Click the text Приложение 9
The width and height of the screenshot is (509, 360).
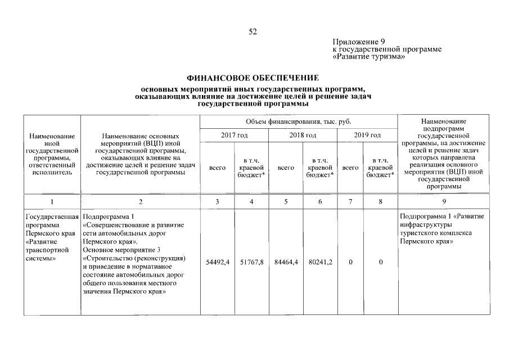[x=358, y=42]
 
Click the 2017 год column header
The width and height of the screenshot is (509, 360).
[x=233, y=135]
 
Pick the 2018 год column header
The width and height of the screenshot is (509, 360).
[x=303, y=135]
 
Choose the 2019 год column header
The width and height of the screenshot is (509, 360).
[x=367, y=135]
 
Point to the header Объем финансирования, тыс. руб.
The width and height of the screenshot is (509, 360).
[x=298, y=121]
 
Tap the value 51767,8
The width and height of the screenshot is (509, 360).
[x=251, y=262]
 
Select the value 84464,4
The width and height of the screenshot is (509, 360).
[x=286, y=262]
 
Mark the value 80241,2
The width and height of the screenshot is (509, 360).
[x=320, y=262]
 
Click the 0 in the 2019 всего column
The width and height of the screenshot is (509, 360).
[x=350, y=262]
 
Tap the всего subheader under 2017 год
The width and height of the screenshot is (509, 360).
[x=217, y=168]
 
